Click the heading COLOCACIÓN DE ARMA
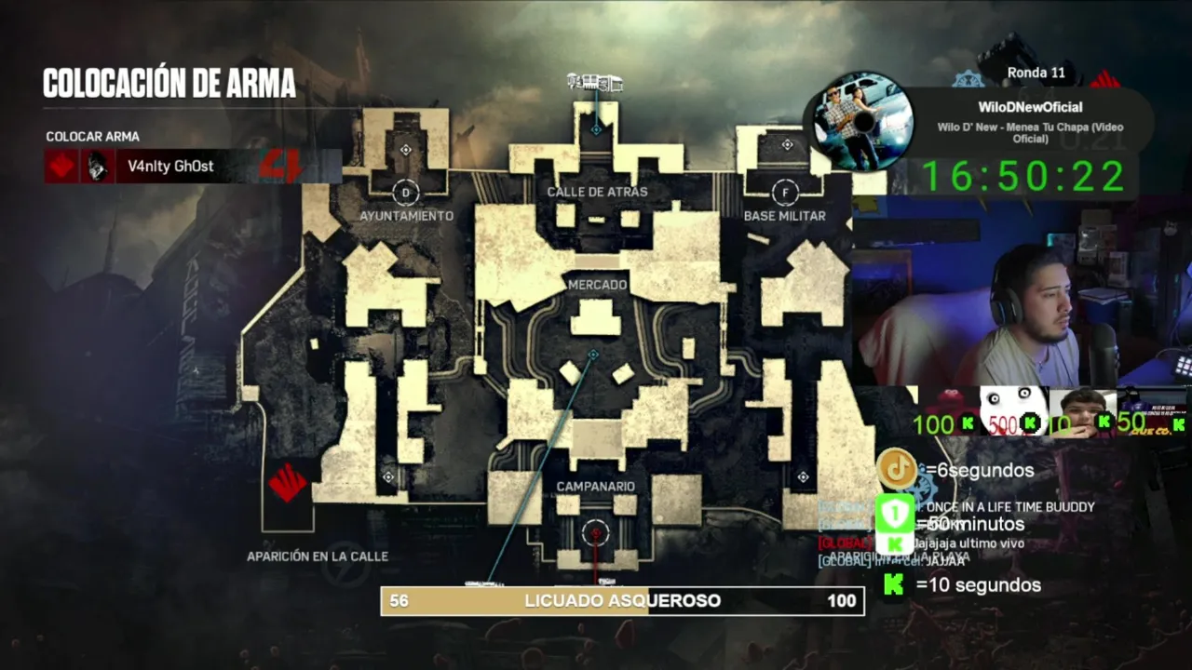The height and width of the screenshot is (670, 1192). click(169, 83)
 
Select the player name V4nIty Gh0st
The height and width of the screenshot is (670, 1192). click(170, 167)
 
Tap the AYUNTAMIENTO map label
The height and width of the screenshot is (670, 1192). click(406, 216)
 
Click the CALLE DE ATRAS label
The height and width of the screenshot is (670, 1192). click(597, 192)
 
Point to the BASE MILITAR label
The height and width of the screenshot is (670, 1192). click(784, 216)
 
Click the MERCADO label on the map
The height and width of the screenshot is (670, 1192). click(597, 285)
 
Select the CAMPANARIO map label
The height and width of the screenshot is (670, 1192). click(595, 487)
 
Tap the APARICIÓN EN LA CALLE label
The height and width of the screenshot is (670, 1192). click(318, 556)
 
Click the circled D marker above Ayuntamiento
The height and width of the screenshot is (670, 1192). click(404, 193)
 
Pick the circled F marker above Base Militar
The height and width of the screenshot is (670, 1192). click(785, 193)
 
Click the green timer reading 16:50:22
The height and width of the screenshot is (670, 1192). click(1023, 176)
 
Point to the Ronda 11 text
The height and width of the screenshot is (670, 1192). click(1036, 73)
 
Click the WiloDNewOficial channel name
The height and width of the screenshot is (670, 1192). click(1030, 108)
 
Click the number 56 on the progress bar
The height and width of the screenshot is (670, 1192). click(399, 601)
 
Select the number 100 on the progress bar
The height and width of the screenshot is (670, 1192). click(841, 601)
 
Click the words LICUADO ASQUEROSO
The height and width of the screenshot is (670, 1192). click(622, 601)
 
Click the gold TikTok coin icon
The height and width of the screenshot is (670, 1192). click(897, 469)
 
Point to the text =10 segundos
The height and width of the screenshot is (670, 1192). click(978, 585)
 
